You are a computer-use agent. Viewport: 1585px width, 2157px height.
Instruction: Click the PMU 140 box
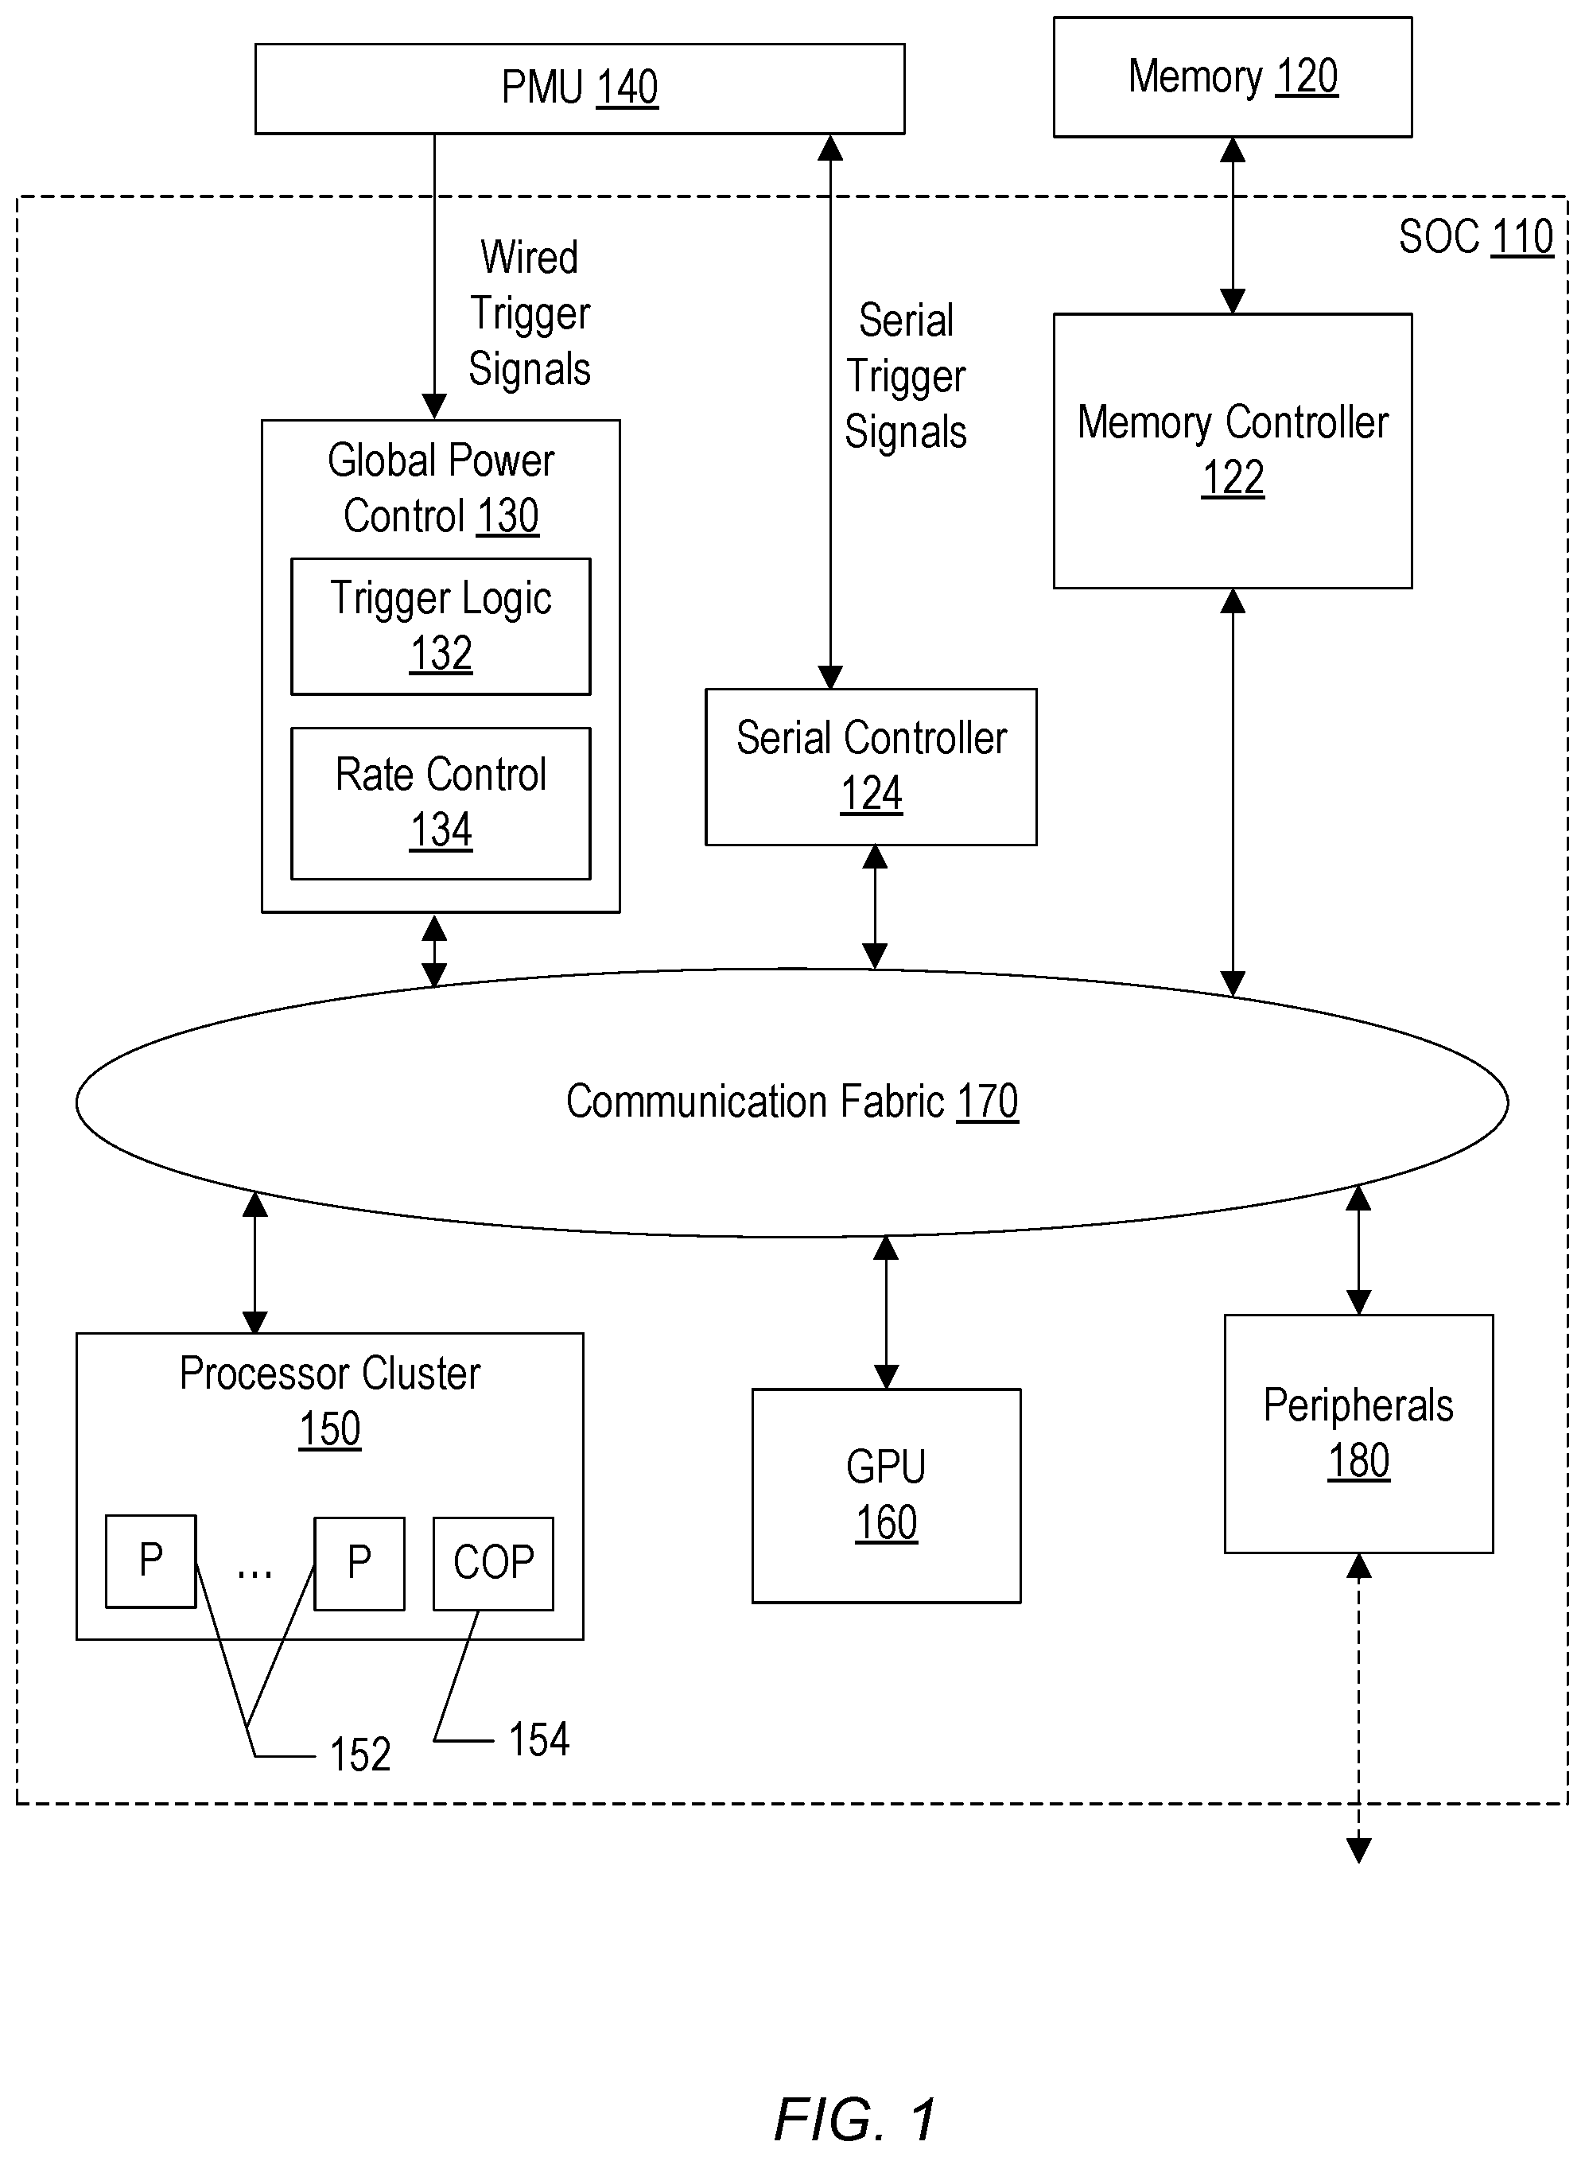point(580,88)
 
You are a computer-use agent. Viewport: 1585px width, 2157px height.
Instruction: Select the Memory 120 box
point(1232,78)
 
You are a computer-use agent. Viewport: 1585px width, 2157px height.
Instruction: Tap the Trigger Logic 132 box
point(441,626)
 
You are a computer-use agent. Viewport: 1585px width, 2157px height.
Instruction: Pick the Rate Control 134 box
point(441,803)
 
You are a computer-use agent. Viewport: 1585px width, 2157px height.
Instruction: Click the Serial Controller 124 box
point(870,767)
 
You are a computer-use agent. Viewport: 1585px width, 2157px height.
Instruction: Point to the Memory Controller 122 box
point(1232,450)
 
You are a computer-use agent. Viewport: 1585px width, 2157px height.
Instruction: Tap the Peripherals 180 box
point(1358,1432)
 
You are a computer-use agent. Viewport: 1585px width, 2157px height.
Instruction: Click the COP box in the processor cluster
point(493,1563)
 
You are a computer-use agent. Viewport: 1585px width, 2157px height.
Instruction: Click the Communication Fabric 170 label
point(791,1102)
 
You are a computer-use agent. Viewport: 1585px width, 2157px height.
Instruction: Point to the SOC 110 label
point(1474,237)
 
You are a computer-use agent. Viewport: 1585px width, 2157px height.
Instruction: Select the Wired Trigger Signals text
point(530,313)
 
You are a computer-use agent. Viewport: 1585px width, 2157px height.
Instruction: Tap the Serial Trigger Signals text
point(906,376)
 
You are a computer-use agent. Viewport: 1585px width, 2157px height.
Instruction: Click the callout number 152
point(359,1755)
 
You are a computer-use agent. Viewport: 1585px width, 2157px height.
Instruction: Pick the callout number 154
point(538,1739)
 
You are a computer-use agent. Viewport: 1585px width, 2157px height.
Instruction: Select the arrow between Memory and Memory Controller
point(1232,226)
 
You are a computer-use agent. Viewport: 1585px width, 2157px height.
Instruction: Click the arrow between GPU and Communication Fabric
point(886,1312)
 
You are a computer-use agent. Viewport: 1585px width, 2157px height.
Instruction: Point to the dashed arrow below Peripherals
point(1358,1708)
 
